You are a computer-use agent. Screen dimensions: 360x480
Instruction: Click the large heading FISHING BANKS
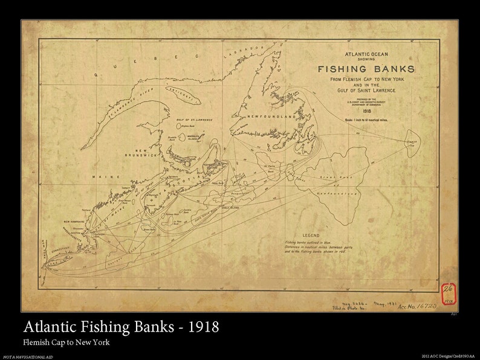366,68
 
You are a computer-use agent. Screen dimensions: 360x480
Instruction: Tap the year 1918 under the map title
366,111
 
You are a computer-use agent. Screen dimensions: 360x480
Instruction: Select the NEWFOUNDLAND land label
270,114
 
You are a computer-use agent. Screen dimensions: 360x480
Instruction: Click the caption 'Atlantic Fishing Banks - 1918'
121,328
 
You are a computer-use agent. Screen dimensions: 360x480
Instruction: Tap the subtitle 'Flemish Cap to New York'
66,342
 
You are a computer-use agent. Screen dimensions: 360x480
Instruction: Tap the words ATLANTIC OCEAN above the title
366,54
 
